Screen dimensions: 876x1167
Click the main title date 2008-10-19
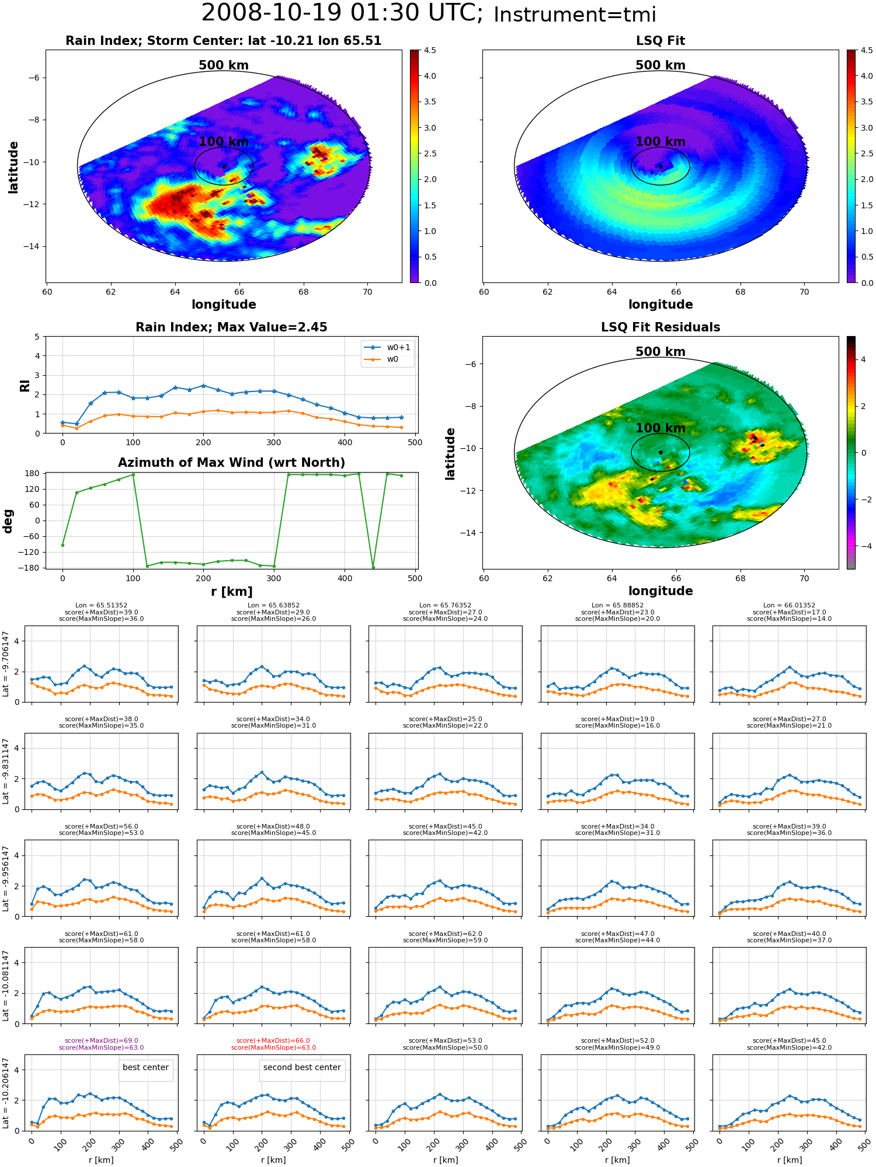280,13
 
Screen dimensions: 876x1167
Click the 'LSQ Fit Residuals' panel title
661,327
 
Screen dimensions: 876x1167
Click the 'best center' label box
145,1067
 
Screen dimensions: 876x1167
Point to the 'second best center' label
302,1067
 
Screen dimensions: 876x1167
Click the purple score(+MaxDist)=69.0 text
102,1040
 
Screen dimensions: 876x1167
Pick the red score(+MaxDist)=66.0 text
273,1040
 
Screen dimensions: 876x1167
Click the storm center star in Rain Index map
224,166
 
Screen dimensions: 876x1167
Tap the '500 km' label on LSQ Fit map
661,65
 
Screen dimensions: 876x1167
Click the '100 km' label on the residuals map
661,428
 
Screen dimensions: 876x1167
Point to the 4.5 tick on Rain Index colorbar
430,50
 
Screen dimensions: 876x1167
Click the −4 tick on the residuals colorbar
863,546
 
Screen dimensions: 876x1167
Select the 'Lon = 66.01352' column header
789,605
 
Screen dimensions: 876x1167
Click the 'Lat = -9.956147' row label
6,878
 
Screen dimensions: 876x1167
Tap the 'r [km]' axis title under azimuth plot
232,592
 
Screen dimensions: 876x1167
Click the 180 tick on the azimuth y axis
33,473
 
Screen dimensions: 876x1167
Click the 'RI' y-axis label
25,385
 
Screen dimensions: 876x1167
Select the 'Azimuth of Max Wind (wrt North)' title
232,463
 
